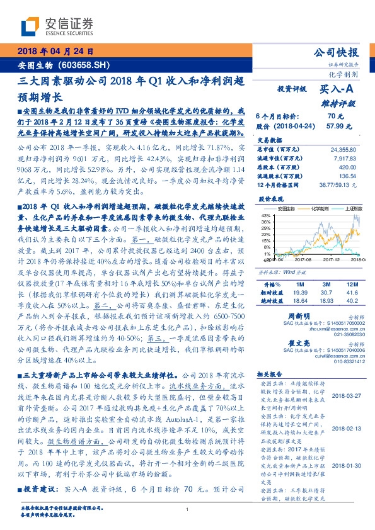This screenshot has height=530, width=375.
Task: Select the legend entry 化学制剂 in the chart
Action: point(321,208)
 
